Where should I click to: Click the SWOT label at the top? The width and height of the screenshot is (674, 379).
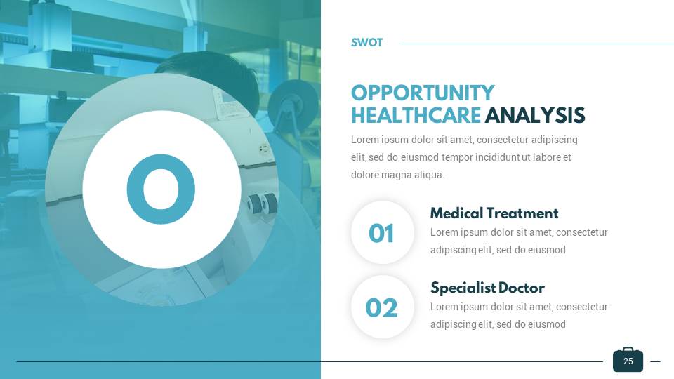tap(366, 43)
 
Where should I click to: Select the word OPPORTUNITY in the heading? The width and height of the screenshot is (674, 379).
tap(423, 93)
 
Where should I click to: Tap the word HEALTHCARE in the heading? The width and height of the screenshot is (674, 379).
tap(416, 116)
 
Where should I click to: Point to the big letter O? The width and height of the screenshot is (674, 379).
tap(161, 189)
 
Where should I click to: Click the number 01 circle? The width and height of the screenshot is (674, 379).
tap(382, 233)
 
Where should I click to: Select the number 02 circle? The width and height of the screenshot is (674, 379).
tap(382, 307)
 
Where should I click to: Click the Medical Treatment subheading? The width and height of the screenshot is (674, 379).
tap(494, 213)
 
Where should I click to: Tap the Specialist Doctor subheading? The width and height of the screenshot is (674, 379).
tap(487, 288)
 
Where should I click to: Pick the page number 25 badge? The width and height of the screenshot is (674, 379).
tap(628, 361)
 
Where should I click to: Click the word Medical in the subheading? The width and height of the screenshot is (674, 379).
tap(455, 213)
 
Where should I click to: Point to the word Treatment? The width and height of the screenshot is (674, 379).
tap(521, 213)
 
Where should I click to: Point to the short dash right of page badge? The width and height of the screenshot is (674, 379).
tap(655, 362)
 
